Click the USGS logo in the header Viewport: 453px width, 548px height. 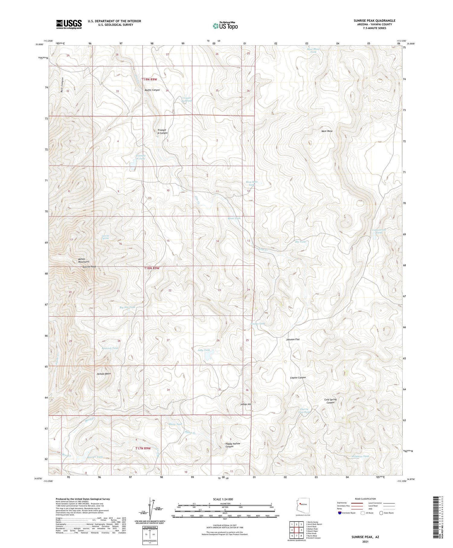[69, 24]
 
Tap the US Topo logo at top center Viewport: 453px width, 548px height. [225, 26]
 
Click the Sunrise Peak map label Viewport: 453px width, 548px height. [89, 267]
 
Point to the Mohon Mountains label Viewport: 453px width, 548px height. [77, 261]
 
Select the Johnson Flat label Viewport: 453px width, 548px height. [293, 339]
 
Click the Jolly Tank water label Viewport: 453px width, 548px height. [204, 350]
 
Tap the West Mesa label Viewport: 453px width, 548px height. [327, 131]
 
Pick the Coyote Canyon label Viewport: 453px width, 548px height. [298, 378]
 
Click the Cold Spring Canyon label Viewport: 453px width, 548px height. [330, 401]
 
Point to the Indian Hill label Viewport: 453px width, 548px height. [246, 404]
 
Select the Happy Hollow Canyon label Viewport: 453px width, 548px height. [233, 445]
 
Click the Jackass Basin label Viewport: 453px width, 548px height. [104, 374]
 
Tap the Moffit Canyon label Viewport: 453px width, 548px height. [152, 90]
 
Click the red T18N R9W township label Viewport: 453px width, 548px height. [152, 268]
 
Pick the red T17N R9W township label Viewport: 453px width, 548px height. [141, 448]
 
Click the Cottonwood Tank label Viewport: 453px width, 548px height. [379, 231]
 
